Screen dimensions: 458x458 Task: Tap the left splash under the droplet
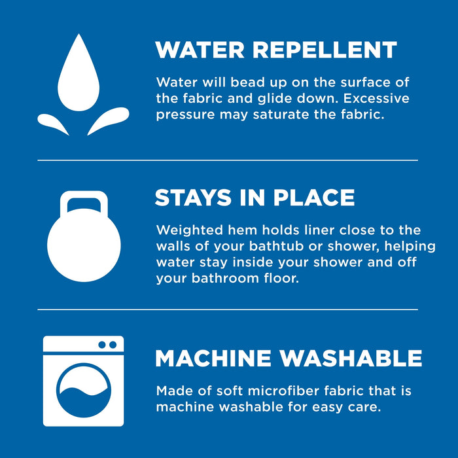pyautogui.click(x=52, y=122)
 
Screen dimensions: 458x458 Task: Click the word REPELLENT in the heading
pyautogui.click(x=325, y=50)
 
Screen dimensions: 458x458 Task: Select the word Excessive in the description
pyautogui.click(x=376, y=98)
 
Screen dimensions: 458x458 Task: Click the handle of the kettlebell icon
pyautogui.click(x=84, y=202)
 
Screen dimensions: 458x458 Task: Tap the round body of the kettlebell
pyautogui.click(x=84, y=245)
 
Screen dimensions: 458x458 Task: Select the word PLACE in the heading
pyautogui.click(x=313, y=198)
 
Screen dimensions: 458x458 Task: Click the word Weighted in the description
pyautogui.click(x=190, y=230)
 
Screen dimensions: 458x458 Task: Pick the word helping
pyautogui.click(x=410, y=247)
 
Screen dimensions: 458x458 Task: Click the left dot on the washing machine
pyautogui.click(x=102, y=345)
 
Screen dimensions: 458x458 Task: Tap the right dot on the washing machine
pyautogui.click(x=113, y=345)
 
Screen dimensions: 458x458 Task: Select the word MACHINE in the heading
pyautogui.click(x=213, y=358)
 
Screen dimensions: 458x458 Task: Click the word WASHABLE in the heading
pyautogui.click(x=351, y=358)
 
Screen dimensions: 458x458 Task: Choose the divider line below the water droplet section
pyautogui.click(x=228, y=160)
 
